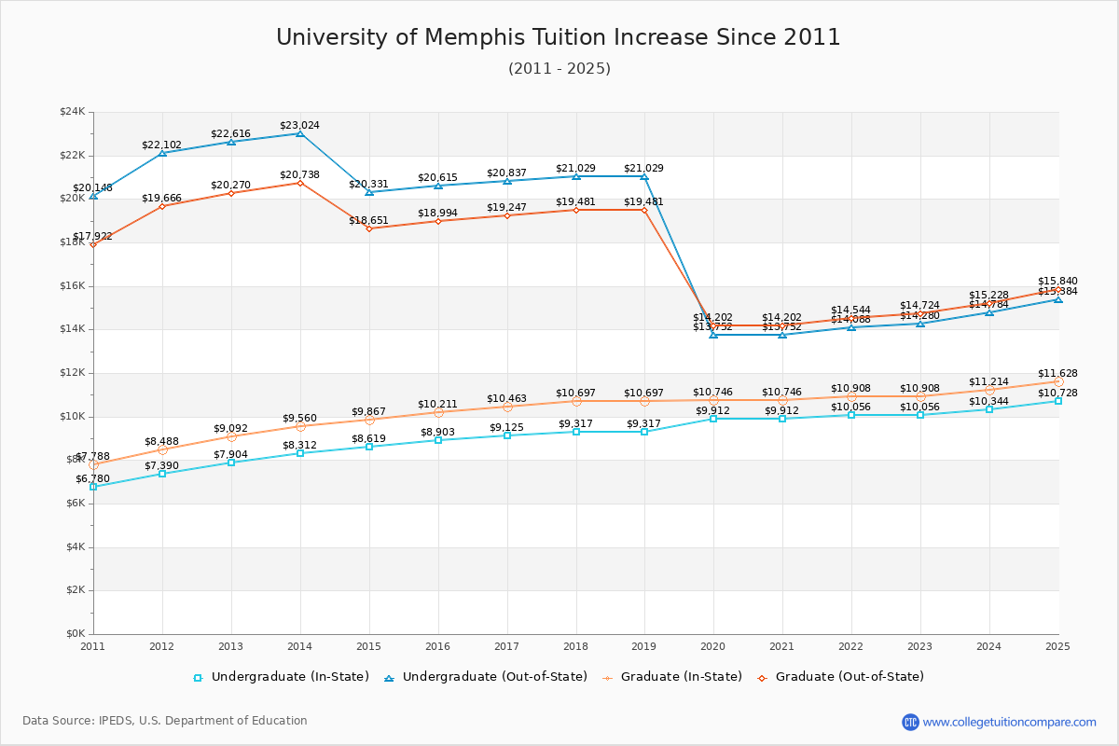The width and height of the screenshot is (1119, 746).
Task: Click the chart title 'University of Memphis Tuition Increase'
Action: click(558, 37)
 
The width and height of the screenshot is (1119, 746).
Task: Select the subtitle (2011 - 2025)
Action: click(559, 69)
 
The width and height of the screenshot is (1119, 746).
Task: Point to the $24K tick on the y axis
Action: click(73, 112)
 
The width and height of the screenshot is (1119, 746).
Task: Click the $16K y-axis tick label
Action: click(73, 286)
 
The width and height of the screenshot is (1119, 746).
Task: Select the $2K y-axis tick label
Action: click(75, 590)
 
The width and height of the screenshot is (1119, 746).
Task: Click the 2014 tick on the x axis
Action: click(299, 646)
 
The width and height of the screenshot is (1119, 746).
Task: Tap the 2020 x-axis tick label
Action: click(713, 646)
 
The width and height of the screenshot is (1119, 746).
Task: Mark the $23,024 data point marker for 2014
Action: click(299, 133)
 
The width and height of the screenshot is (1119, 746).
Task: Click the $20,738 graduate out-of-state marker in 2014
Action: click(299, 183)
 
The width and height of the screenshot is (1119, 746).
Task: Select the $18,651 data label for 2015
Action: click(368, 221)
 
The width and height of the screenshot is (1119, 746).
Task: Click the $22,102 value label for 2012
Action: click(161, 145)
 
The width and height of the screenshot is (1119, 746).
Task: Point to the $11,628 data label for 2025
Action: click(1057, 373)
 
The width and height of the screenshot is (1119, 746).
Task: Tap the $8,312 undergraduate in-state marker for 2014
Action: click(299, 453)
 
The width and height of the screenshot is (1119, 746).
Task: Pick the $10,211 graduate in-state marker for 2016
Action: click(437, 412)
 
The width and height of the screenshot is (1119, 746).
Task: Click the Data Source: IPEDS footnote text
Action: click(165, 721)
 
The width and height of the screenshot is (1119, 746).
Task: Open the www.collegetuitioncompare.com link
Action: click(1009, 722)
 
